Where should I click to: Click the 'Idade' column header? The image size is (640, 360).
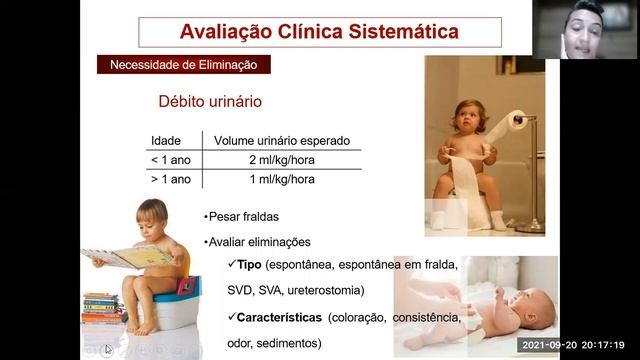pos(166,140)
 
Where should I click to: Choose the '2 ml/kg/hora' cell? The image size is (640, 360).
pos(268,160)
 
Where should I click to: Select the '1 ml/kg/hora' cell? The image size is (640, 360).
pos(268,180)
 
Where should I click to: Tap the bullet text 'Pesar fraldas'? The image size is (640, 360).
pos(244,216)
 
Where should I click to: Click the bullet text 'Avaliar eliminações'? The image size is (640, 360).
pos(259,241)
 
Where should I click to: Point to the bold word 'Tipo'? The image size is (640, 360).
pos(249,266)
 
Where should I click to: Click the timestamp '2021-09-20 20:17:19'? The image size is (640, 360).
pos(577,346)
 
